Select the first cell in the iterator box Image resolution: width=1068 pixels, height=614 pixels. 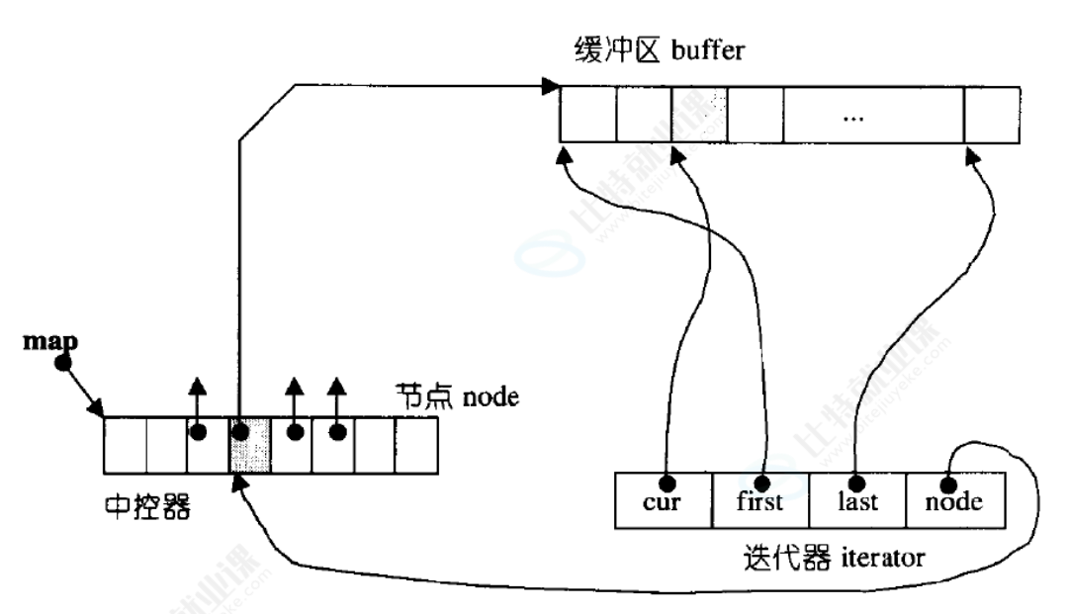tap(760, 501)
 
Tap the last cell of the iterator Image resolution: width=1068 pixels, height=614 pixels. tap(856, 501)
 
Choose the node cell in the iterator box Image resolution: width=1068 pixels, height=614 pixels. tap(954, 501)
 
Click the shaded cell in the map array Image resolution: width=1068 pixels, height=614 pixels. tap(250, 446)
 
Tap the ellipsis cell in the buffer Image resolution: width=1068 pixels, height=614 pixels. tap(853, 117)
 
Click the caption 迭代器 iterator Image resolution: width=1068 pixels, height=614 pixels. tap(833, 556)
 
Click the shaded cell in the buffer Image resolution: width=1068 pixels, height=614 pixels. tap(698, 117)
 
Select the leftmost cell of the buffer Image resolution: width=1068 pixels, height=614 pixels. tap(588, 117)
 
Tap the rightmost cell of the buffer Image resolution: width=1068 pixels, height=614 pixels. tap(992, 117)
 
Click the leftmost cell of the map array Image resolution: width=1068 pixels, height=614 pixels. tap(126, 446)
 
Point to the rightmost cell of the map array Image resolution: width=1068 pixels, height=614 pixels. tap(416, 446)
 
